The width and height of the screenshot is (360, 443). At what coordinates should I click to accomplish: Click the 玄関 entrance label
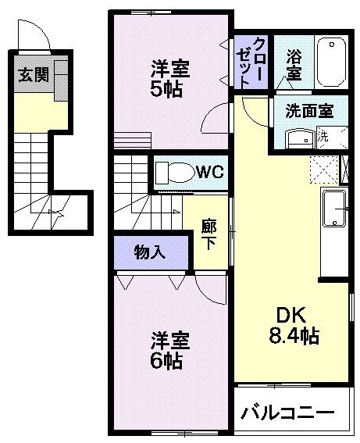pos(32,76)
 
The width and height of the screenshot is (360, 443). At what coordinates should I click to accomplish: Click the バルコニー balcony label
pos(287,412)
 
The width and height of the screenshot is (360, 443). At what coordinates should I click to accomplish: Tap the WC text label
pos(210,172)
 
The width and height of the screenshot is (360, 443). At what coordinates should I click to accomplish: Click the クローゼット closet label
pos(252,61)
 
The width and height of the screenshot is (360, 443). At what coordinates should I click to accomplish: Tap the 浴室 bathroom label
pos(294,64)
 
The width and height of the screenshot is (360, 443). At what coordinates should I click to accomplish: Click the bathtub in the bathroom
pos(333,62)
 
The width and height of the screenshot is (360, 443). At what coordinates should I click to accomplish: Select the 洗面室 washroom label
pos(308,110)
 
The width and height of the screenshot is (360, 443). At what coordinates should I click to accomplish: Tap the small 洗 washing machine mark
pos(325,136)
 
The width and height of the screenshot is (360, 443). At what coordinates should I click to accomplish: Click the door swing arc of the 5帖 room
pos(212,119)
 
